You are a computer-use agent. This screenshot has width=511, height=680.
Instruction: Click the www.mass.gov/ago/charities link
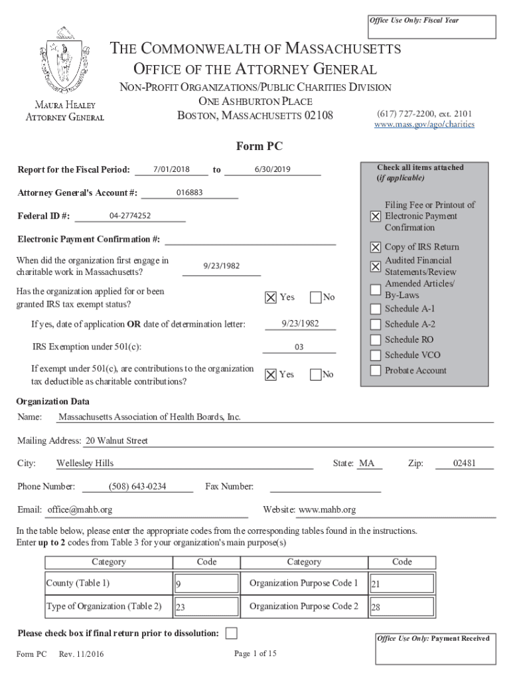click(424, 124)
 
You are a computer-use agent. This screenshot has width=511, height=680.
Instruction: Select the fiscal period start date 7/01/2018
click(171, 169)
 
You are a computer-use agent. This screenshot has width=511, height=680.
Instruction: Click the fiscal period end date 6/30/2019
click(272, 169)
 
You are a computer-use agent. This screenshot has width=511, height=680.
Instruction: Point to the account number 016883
click(190, 193)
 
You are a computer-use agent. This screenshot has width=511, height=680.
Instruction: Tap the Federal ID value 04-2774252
click(130, 216)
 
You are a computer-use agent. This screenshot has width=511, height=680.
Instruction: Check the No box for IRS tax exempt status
click(316, 297)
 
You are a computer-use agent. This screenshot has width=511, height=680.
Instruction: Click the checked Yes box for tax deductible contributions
click(271, 375)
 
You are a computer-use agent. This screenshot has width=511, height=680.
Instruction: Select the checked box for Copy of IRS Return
click(376, 247)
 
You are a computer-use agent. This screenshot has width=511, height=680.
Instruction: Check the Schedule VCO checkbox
click(376, 355)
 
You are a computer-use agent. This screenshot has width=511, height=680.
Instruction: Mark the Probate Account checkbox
click(376, 371)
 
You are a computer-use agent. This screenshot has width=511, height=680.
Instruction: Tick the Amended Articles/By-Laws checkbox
click(376, 290)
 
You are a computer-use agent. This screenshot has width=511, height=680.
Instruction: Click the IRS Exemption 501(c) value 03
click(299, 347)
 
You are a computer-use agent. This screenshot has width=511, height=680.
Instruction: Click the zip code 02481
click(464, 464)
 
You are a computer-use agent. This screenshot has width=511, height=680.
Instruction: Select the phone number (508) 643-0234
click(137, 487)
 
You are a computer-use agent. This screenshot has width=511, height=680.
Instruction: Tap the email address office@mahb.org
click(79, 510)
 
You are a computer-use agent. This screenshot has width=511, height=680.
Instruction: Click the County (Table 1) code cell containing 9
click(206, 584)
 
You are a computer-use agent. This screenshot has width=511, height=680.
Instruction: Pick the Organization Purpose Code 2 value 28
click(401, 607)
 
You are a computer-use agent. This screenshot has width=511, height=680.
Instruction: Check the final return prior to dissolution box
click(231, 633)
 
